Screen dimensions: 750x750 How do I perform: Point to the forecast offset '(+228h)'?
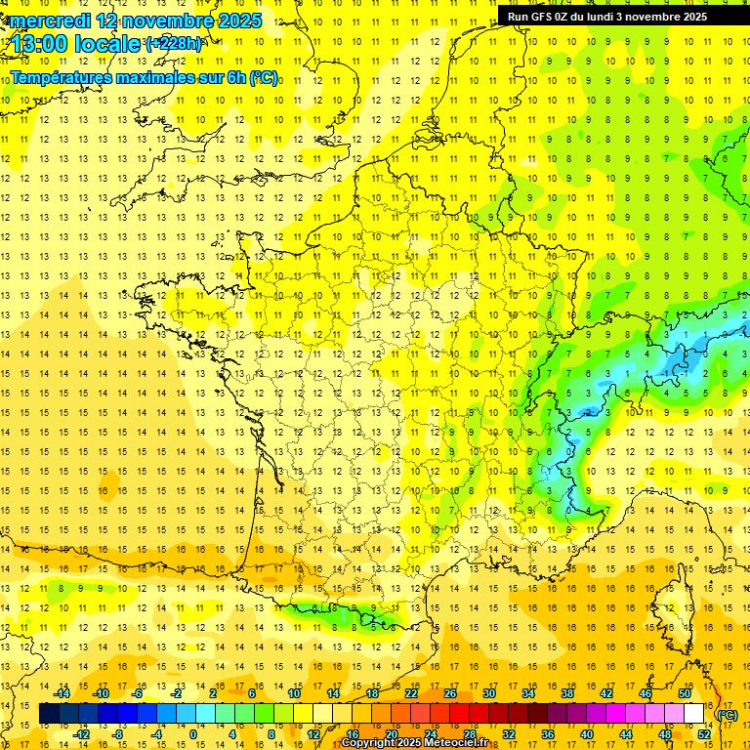tap(174, 43)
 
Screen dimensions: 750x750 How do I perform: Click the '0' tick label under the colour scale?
tap(193, 733)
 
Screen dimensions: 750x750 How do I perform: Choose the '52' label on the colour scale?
tap(704, 733)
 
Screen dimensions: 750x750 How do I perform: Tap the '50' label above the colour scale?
tap(685, 693)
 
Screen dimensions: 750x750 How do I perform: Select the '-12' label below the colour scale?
tap(81, 733)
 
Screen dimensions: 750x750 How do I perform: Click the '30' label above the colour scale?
tap(488, 693)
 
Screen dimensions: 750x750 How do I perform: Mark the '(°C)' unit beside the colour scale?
tap(728, 715)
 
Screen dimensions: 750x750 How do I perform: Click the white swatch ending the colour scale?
tap(694, 714)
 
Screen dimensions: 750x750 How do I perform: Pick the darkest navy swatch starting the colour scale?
tap(49, 714)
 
